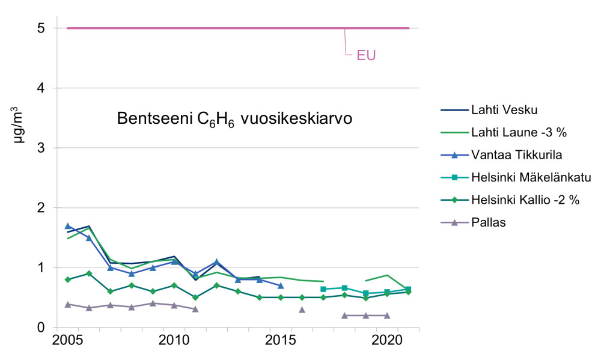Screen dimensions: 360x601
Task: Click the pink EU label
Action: (366, 56)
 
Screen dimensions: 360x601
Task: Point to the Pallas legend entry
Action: (489, 222)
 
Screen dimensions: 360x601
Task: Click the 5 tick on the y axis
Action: (40, 28)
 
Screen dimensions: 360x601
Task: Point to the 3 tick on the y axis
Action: (40, 148)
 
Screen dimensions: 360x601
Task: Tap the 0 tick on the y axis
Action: (40, 328)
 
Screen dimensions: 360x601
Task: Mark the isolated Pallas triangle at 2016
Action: (302, 310)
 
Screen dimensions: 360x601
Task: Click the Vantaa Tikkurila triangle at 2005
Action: (68, 226)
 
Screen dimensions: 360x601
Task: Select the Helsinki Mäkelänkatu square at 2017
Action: (323, 290)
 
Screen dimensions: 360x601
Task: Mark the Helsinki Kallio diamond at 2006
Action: (89, 273)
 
